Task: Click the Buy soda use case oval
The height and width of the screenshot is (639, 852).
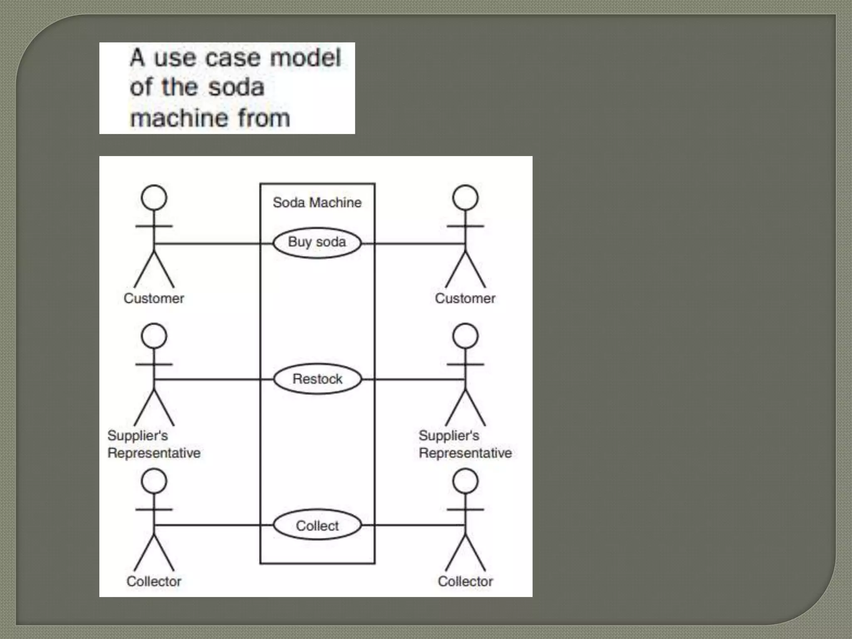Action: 317,243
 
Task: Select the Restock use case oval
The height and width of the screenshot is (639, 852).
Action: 317,379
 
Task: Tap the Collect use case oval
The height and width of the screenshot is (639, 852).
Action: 317,526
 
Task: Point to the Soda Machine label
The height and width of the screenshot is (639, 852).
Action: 317,203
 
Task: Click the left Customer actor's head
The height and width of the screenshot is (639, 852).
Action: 154,198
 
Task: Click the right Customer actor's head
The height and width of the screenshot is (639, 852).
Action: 465,198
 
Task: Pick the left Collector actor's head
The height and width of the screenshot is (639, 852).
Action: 154,481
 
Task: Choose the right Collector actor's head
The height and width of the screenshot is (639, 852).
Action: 465,481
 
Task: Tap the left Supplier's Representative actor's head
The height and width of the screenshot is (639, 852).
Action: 154,336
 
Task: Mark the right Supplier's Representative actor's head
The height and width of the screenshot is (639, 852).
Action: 465,336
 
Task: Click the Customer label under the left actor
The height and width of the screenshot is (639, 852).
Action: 154,298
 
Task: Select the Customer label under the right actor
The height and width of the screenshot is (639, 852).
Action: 465,298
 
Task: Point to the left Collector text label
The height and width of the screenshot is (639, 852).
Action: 154,581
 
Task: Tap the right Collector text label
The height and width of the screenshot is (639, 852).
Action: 465,581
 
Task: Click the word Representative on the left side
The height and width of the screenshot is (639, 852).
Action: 154,453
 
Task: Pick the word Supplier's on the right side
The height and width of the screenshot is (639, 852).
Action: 449,436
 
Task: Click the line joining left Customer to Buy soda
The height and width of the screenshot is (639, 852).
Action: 212,243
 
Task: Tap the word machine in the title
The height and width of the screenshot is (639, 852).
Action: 180,118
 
